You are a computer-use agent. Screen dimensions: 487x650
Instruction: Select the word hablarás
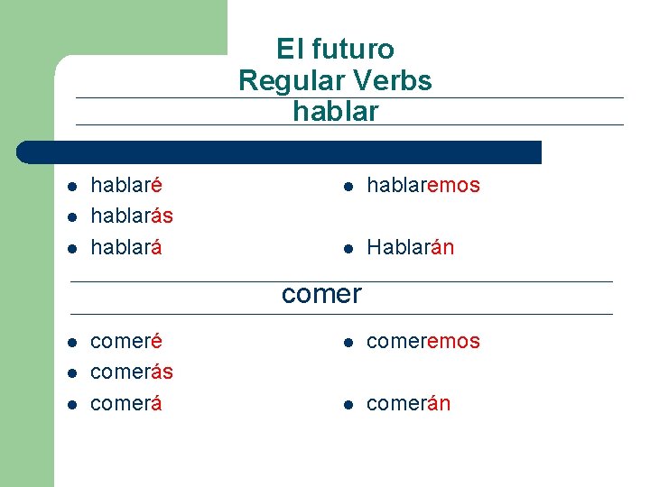[x=132, y=216]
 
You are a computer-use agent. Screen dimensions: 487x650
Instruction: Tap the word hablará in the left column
[x=126, y=247]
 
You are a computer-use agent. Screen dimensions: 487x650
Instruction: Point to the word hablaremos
[x=422, y=186]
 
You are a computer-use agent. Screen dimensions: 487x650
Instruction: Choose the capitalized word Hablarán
[x=410, y=247]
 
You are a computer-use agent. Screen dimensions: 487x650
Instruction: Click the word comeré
[x=126, y=342]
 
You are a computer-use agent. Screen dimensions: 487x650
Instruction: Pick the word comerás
[x=132, y=372]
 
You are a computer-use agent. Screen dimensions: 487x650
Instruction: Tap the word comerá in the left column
[x=126, y=403]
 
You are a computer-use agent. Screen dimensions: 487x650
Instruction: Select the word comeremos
[x=422, y=342]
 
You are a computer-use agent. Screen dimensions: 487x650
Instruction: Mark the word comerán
[x=408, y=403]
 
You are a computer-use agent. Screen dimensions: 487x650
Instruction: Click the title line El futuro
[x=335, y=49]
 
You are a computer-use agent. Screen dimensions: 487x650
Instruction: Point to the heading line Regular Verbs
[x=335, y=80]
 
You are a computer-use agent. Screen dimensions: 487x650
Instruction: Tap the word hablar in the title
[x=335, y=112]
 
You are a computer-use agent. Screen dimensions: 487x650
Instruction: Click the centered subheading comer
[x=321, y=294]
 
